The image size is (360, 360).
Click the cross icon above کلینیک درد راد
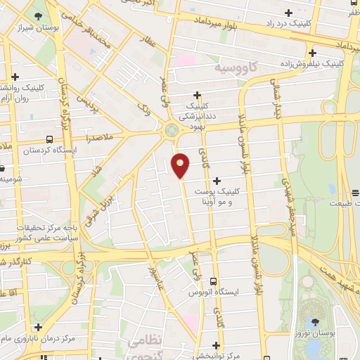pyautogui.click(x=289, y=13)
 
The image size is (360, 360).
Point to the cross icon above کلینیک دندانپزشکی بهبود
pyautogui.click(x=198, y=95)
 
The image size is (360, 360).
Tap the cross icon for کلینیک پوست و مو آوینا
pyautogui.click(x=216, y=181)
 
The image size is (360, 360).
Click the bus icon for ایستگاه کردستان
pyautogui.click(x=50, y=139)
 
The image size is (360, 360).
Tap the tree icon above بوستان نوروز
pyautogui.click(x=314, y=321)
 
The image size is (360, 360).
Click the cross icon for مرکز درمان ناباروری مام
pyautogui.click(x=37, y=327)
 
